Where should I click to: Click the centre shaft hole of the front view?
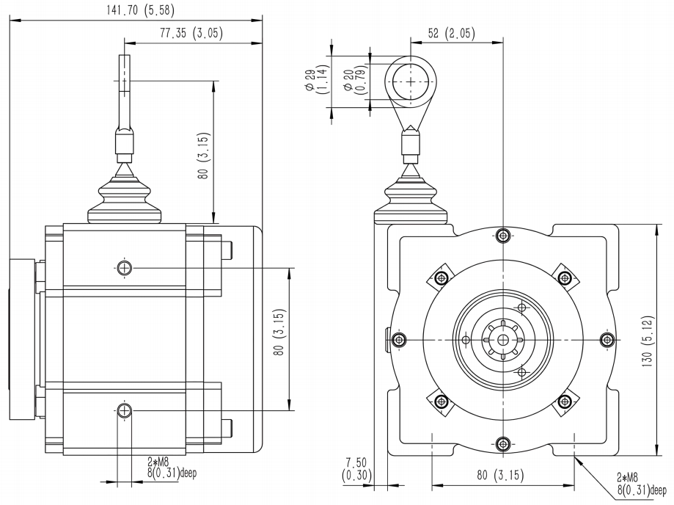coord(502,340)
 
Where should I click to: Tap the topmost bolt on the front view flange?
coord(502,235)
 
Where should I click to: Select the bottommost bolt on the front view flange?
coord(502,443)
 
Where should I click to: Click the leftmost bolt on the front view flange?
coord(398,340)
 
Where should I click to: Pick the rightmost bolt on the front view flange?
coord(607,340)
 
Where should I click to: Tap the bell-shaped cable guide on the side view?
coord(124,198)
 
